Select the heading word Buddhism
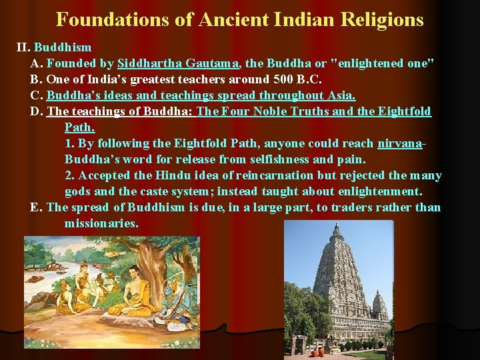(x=63, y=48)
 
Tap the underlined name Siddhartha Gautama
(x=179, y=64)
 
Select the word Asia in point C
(x=340, y=95)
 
